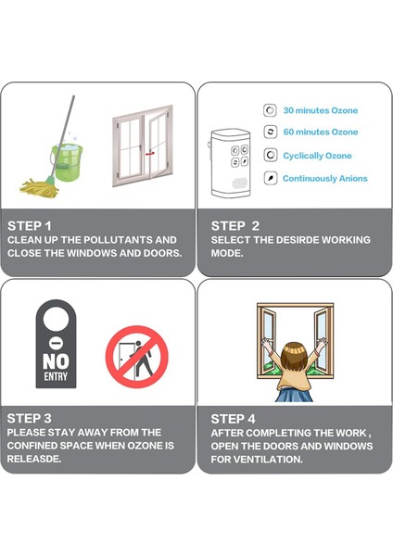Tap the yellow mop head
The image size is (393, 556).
(x=39, y=187)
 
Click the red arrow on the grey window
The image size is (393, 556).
(x=149, y=154)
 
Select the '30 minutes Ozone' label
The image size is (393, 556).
(x=321, y=110)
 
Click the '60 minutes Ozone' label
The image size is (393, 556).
(x=321, y=132)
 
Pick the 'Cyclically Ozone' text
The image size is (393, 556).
(x=317, y=156)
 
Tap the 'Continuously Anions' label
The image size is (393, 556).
(x=325, y=178)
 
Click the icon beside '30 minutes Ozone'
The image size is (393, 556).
(x=270, y=110)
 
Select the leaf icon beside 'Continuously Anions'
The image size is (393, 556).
(x=271, y=178)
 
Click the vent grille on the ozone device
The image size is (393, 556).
(x=240, y=183)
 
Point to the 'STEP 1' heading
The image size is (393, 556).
(x=30, y=226)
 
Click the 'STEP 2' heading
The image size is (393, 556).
(x=235, y=226)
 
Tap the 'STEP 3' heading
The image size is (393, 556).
(x=29, y=419)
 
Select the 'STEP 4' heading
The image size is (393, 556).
(x=233, y=419)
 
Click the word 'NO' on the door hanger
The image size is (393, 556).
(x=56, y=361)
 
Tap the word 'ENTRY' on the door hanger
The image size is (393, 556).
(x=56, y=376)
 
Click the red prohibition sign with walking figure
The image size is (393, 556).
(x=137, y=357)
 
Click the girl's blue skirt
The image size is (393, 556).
(x=294, y=395)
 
